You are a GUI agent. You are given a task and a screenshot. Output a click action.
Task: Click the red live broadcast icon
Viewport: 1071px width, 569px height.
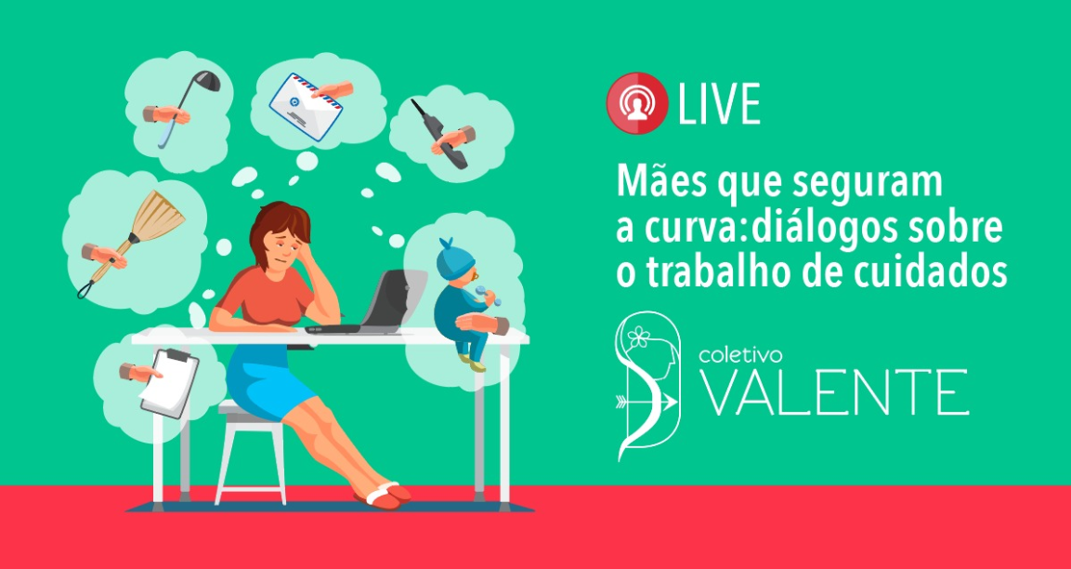coord(636,102)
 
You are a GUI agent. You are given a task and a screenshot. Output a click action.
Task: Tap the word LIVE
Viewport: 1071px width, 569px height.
coord(719,104)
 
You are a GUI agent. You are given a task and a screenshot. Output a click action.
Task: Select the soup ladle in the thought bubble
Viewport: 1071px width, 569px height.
coord(189,107)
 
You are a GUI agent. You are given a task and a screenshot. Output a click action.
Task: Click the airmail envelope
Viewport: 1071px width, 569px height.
coord(307,106)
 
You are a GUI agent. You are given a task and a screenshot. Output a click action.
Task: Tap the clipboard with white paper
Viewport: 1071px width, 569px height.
coord(169,383)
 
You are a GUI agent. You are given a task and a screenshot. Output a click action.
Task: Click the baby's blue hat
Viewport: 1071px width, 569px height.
coord(455,258)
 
